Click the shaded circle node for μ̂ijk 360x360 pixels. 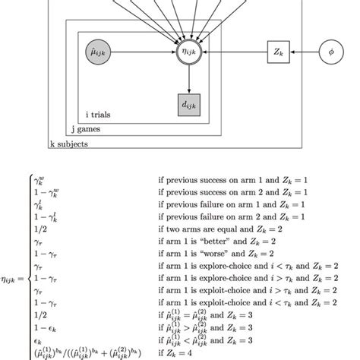point(98,53)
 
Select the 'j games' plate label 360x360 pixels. point(84,128)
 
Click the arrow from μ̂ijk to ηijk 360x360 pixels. point(141,53)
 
